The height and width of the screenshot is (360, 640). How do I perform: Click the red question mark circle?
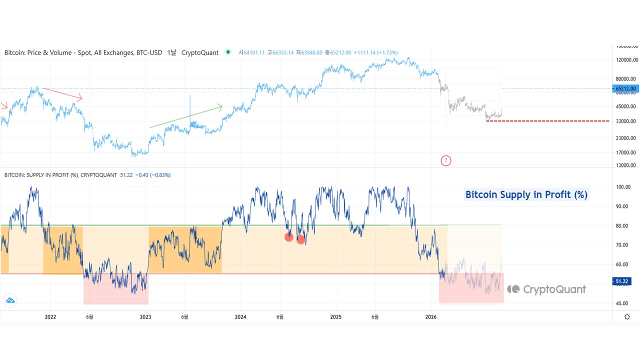point(446,160)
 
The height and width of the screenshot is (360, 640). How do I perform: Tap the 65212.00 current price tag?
point(625,88)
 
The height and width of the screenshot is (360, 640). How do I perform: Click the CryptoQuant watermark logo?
point(546,289)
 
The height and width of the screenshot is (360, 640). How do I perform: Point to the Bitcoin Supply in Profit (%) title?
point(526,195)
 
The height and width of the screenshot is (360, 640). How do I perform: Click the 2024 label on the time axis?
point(240,316)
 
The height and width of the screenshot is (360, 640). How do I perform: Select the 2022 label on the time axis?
point(50,316)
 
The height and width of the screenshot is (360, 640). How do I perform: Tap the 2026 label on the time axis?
point(431,316)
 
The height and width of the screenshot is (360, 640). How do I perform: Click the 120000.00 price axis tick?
point(625,60)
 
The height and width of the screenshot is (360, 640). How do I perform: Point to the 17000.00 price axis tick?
point(625,152)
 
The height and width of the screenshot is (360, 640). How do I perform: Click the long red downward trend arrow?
point(62,93)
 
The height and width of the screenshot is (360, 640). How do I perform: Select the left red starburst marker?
point(288,237)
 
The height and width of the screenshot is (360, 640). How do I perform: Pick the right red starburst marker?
point(301,239)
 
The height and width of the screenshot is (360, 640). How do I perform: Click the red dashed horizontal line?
point(547,121)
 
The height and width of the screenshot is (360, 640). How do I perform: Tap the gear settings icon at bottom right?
point(627,316)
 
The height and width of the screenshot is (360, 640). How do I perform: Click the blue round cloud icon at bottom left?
point(10,300)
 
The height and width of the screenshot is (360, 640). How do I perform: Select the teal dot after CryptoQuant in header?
point(228,52)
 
